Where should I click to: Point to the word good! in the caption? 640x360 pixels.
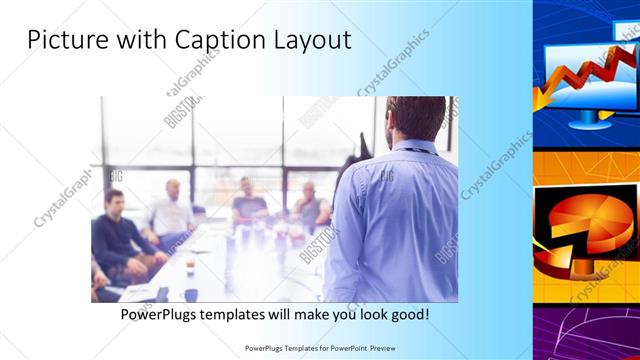coord(409,314)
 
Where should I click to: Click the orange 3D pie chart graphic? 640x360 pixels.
coord(585,225)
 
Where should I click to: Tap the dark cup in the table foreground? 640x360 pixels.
coord(190,294)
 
